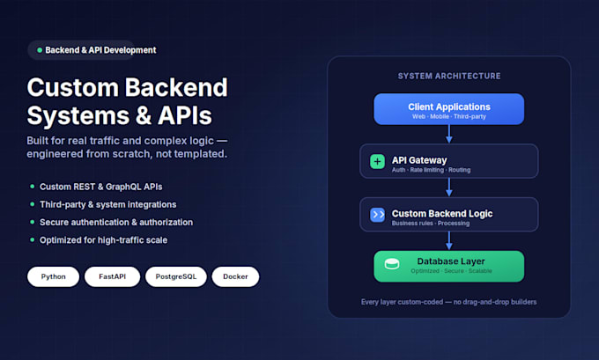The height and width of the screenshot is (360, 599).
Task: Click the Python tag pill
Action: pyautogui.click(x=53, y=276)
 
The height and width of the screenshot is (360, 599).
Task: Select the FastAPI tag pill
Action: pyautogui.click(x=113, y=276)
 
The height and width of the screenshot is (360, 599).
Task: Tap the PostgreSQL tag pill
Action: pyautogui.click(x=175, y=276)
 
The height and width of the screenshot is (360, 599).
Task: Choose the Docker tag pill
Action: pyautogui.click(x=235, y=276)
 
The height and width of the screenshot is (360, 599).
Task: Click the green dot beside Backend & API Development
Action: pyautogui.click(x=40, y=50)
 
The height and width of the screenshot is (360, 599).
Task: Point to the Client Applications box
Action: pyautogui.click(x=449, y=109)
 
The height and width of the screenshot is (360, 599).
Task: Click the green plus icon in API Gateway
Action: pyautogui.click(x=377, y=161)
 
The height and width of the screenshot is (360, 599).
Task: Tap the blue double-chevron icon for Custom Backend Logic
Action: pyautogui.click(x=377, y=215)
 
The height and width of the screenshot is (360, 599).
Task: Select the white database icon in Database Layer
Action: pyautogui.click(x=392, y=263)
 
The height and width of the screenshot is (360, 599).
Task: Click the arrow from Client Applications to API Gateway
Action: pyautogui.click(x=449, y=134)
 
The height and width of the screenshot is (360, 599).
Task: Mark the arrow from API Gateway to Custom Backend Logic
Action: pyautogui.click(x=449, y=187)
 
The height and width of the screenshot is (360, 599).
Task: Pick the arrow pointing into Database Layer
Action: pyautogui.click(x=449, y=241)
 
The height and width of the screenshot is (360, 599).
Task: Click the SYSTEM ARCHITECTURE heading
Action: pyautogui.click(x=449, y=76)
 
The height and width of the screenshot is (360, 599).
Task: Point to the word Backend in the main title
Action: pyautogui.click(x=176, y=87)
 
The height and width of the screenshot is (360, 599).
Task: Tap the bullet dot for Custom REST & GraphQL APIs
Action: pyautogui.click(x=32, y=187)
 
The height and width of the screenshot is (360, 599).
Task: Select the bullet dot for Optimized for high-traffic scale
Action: pyautogui.click(x=32, y=239)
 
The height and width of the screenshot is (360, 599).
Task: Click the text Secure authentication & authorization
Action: pyautogui.click(x=116, y=222)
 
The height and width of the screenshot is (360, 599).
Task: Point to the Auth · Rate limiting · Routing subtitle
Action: pyautogui.click(x=431, y=170)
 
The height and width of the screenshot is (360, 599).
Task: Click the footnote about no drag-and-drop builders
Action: pyautogui.click(x=449, y=302)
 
